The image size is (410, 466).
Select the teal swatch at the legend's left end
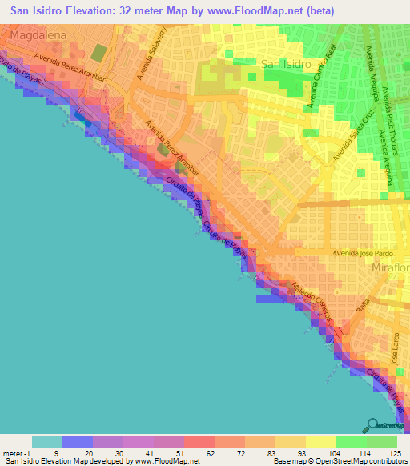[47, 441]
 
